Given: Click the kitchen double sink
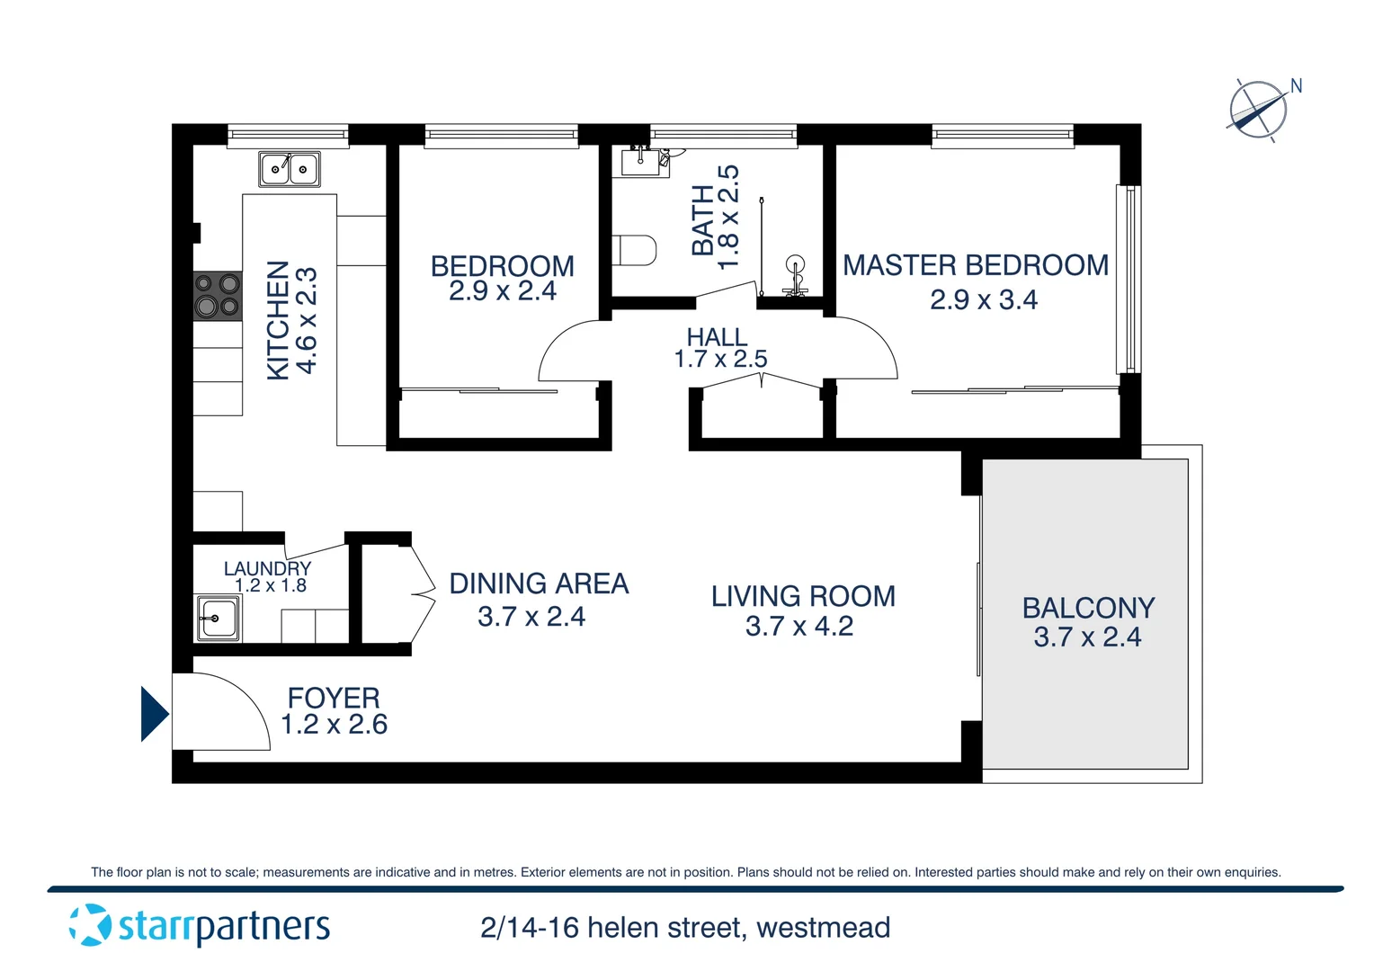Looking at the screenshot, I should tap(290, 169).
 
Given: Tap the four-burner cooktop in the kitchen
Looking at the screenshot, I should tap(218, 296).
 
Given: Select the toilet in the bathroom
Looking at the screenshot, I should tap(635, 251).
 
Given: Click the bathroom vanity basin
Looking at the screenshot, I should tap(645, 161).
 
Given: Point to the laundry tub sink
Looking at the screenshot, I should tap(218, 619).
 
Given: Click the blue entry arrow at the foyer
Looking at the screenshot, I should tap(154, 714).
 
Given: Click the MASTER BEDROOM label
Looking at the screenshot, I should tap(975, 265).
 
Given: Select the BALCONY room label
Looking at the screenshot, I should tap(1088, 608).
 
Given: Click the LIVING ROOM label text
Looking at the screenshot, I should tap(803, 596).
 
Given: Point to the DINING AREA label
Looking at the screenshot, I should tap(539, 583).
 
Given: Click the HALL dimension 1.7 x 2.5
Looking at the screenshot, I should tap(720, 360).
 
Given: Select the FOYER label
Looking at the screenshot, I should tap(334, 698).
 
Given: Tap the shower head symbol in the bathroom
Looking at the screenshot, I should tap(794, 264).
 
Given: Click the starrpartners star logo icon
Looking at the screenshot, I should tap(90, 925).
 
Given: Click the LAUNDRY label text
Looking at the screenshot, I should tap(267, 568).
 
